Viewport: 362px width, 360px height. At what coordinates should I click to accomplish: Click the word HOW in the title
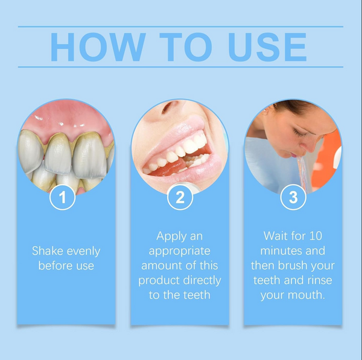pyautogui.click(x=98, y=47)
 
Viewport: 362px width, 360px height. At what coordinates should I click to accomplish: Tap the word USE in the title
pyautogui.click(x=267, y=47)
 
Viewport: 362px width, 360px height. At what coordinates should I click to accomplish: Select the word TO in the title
pyautogui.click(x=186, y=47)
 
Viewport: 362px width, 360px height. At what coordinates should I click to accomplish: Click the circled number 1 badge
pyautogui.click(x=62, y=197)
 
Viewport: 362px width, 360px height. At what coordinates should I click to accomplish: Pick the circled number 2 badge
pyautogui.click(x=180, y=197)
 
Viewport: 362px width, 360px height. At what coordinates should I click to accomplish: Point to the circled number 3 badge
pyautogui.click(x=293, y=197)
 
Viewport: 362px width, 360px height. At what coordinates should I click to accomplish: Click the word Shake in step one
pyautogui.click(x=48, y=251)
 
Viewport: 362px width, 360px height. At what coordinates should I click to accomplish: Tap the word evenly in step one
pyautogui.click(x=83, y=251)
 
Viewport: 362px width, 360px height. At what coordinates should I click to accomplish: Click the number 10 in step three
pyautogui.click(x=316, y=236)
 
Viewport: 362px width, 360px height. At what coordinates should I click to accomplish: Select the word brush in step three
pyautogui.click(x=293, y=265)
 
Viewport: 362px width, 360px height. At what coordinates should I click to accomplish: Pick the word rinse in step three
pyautogui.click(x=320, y=280)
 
